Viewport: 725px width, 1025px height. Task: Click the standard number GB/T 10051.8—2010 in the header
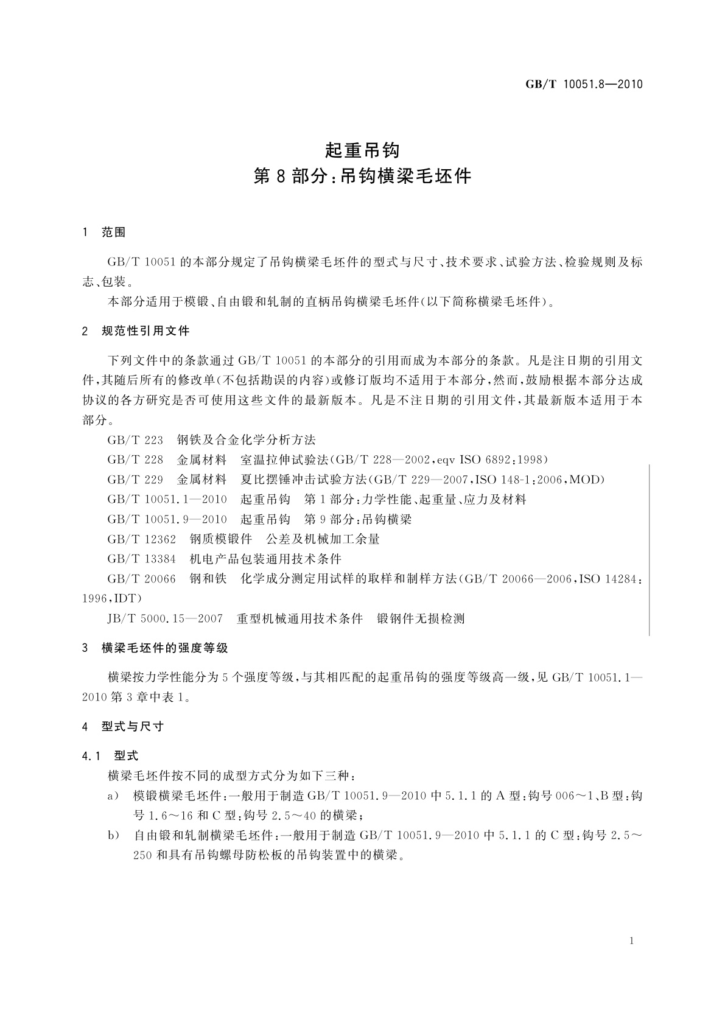584,85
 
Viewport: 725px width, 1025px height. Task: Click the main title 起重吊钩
362,149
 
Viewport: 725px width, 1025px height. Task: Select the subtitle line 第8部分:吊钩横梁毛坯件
362,177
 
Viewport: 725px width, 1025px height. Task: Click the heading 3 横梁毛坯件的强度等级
155,648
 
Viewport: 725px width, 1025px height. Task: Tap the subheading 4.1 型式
110,756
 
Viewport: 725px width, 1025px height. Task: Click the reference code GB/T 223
135,440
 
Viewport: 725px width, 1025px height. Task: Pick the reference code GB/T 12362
141,539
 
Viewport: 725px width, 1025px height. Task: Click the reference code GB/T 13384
141,559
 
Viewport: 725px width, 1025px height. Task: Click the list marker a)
113,796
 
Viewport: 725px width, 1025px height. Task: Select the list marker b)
113,836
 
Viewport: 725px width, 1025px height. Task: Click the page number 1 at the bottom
632,941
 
